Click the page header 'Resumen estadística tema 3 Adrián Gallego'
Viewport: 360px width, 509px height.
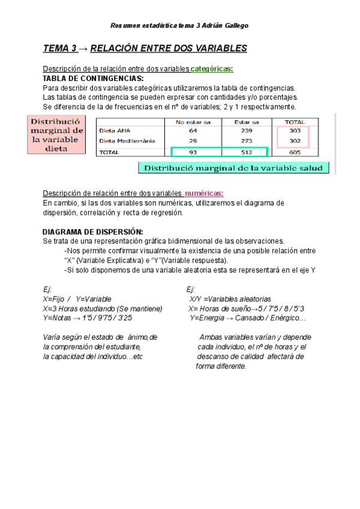180,25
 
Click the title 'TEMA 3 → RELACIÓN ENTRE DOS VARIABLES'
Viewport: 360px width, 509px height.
145,49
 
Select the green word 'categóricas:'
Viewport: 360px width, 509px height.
212,68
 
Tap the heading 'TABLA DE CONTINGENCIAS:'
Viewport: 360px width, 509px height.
93,78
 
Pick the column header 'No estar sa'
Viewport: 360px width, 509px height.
192,121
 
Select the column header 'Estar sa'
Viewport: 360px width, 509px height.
247,121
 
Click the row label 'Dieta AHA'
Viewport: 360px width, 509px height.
115,130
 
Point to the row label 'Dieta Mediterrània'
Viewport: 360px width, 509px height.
127,141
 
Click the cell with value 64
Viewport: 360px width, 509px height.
193,130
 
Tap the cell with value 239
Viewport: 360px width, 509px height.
247,130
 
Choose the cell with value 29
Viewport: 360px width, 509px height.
193,141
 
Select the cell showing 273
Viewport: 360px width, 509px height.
247,141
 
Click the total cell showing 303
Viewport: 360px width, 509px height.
294,130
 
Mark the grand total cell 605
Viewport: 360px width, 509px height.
294,152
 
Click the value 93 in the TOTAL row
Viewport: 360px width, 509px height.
193,152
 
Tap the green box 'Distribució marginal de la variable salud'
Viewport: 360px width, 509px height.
233,168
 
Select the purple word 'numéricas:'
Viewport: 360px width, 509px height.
204,193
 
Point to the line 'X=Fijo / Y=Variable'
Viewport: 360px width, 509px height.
77,299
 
